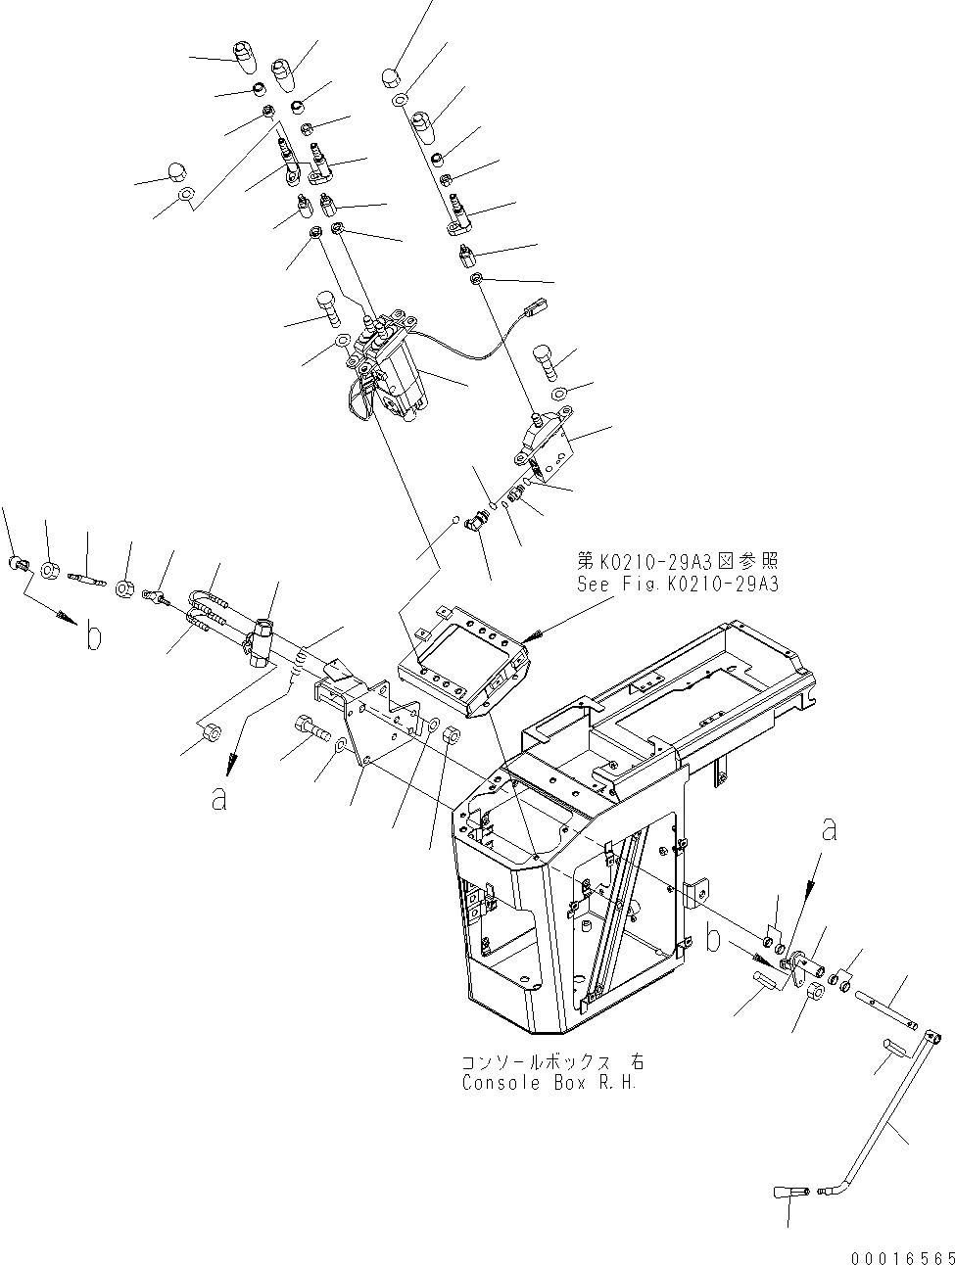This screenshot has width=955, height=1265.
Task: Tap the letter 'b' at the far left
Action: tap(93, 638)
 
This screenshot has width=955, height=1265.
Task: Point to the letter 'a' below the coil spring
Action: tap(219, 798)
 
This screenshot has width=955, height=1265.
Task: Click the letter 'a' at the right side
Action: tap(830, 830)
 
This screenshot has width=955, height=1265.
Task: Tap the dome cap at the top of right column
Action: tap(388, 75)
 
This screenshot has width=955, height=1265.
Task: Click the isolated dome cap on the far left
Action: tap(175, 172)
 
